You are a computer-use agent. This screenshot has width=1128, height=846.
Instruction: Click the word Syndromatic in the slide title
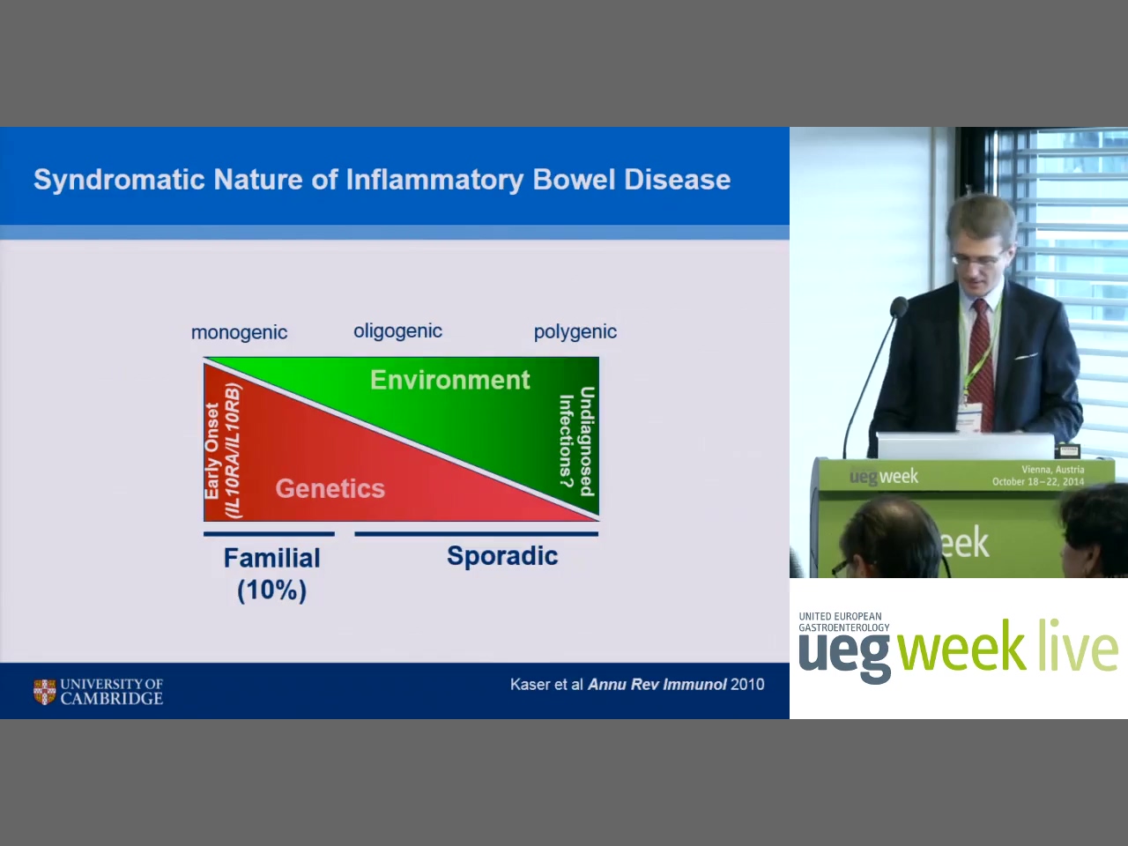click(119, 181)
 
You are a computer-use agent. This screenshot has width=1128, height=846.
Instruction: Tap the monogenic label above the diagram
click(239, 333)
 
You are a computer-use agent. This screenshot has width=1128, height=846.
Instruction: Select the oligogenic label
click(397, 331)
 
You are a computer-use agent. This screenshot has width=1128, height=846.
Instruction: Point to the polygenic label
click(575, 332)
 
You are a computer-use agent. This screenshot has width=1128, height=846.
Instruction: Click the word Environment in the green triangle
click(449, 380)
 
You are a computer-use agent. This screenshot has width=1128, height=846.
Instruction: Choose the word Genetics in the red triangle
click(330, 488)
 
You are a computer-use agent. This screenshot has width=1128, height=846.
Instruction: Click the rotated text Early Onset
click(211, 450)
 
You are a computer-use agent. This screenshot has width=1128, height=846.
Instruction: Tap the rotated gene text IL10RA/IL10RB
click(233, 451)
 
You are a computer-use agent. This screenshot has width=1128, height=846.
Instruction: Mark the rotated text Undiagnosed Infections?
click(576, 442)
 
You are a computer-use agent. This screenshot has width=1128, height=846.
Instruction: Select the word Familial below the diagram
click(271, 559)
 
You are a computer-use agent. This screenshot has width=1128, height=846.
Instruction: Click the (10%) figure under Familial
click(271, 590)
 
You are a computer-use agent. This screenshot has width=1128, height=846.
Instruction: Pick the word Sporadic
click(502, 556)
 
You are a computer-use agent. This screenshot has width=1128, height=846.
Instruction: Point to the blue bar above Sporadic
click(477, 534)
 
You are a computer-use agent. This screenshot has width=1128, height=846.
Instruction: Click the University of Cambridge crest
click(44, 692)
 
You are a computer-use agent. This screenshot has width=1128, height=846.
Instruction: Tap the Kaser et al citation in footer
click(637, 685)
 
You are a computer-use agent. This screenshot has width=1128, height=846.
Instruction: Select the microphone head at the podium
click(898, 308)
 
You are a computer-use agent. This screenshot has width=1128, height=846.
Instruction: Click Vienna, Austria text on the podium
click(1052, 470)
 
